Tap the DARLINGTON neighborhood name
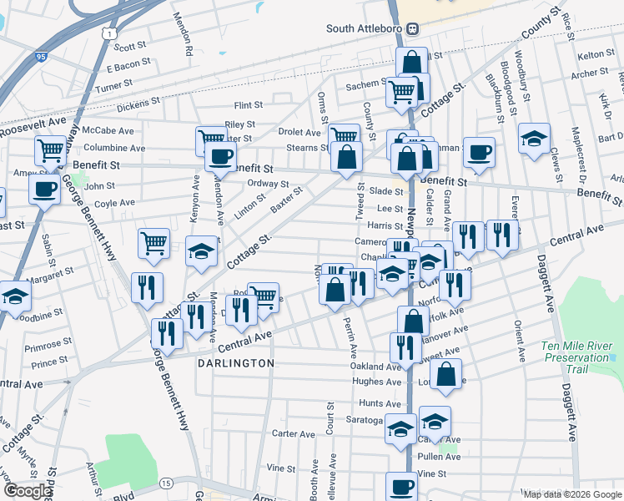235,364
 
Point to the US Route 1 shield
108,32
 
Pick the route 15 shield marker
167,483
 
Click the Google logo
27,490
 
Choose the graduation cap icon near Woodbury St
534,139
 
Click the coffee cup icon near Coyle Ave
44,188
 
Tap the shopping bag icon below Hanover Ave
446,377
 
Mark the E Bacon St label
128,63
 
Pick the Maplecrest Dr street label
576,156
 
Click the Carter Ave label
294,434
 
